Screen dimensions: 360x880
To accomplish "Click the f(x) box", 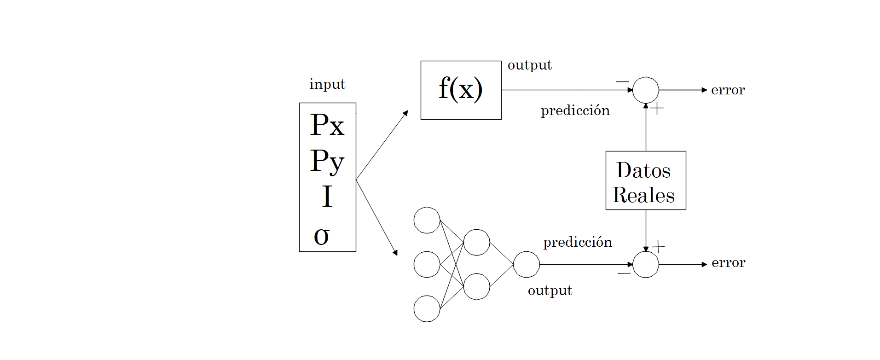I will pyautogui.click(x=461, y=90).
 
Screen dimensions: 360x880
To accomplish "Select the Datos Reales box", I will pyautogui.click(x=645, y=180).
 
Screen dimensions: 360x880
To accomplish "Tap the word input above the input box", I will pyautogui.click(x=327, y=84).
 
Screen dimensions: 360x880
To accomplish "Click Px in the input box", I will pyautogui.click(x=327, y=125).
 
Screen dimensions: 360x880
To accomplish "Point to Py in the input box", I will pyautogui.click(x=327, y=161).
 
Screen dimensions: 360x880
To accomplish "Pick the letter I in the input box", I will pyautogui.click(x=327, y=197).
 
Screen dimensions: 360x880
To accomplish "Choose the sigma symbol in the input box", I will pyautogui.click(x=322, y=236).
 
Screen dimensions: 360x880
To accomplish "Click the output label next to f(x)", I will pyautogui.click(x=529, y=65).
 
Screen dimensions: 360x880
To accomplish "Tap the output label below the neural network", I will pyautogui.click(x=550, y=290).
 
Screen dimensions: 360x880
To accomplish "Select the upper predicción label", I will pyautogui.click(x=575, y=110).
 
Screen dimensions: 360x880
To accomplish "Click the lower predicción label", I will pyautogui.click(x=577, y=242).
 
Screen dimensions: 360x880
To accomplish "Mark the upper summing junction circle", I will pyautogui.click(x=645, y=90).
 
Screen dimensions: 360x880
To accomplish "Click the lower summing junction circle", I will pyautogui.click(x=645, y=264).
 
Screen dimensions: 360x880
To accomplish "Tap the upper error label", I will pyautogui.click(x=728, y=90).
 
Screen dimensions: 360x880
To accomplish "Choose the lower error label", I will pyautogui.click(x=728, y=263).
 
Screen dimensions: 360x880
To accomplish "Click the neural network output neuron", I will pyautogui.click(x=526, y=264).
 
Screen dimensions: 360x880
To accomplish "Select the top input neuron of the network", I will pyautogui.click(x=427, y=220).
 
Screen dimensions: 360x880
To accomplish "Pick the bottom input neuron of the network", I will pyautogui.click(x=427, y=308).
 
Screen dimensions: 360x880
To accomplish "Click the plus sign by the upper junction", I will pyautogui.click(x=657, y=109).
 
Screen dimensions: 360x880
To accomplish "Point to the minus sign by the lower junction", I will pyautogui.click(x=624, y=273).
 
